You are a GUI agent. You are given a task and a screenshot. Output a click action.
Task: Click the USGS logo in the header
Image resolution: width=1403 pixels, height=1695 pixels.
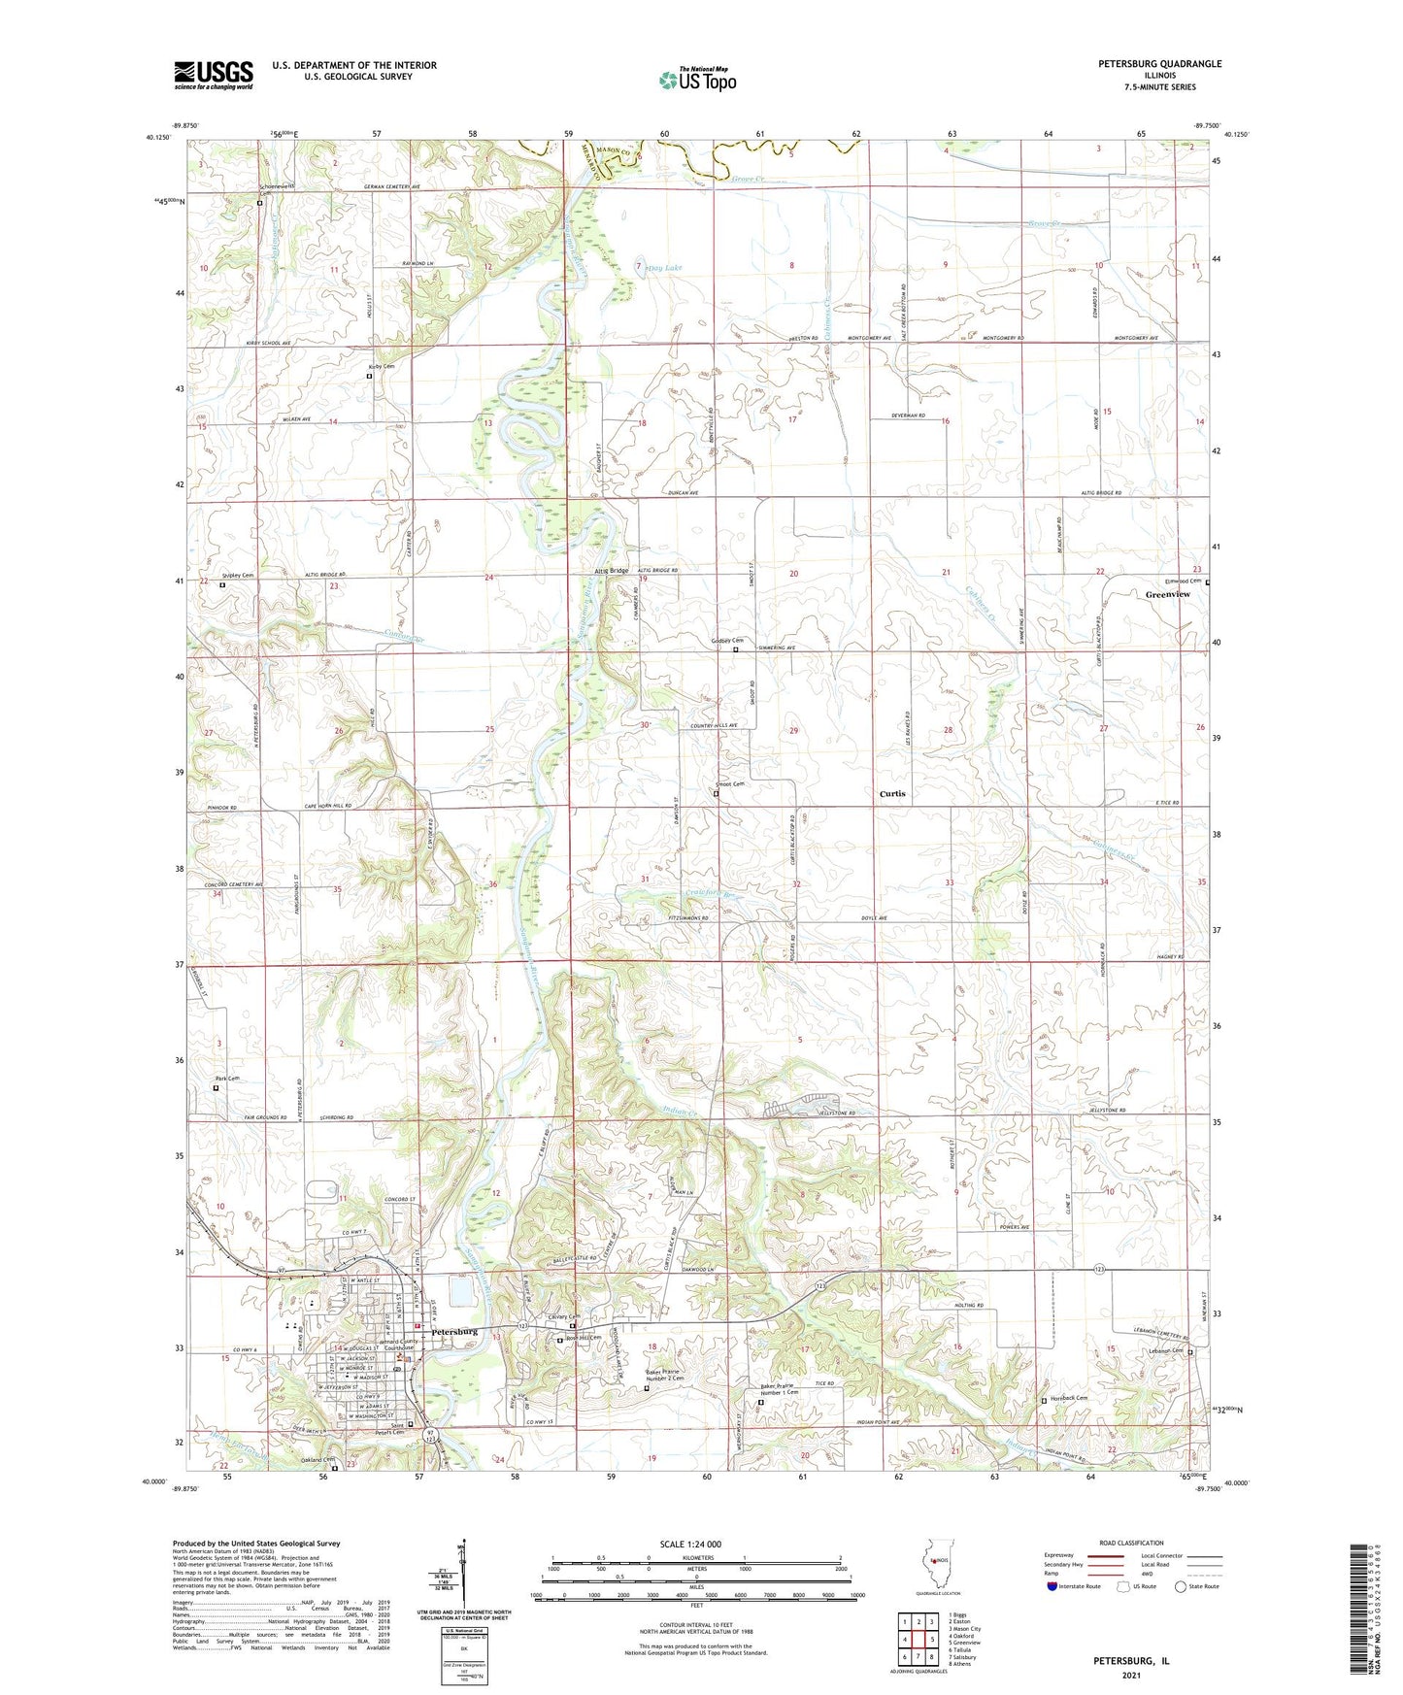point(213,75)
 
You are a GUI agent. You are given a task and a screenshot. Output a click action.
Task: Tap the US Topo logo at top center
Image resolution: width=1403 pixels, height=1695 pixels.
point(696,80)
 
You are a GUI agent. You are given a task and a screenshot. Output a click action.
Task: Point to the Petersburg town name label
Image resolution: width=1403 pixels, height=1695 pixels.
point(451,1332)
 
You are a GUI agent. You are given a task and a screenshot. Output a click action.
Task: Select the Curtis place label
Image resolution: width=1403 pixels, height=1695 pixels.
point(891,794)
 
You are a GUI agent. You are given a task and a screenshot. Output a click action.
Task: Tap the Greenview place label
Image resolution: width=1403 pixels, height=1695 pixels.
point(1167,594)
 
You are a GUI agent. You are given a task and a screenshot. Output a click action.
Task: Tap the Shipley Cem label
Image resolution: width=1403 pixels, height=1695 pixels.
point(237,576)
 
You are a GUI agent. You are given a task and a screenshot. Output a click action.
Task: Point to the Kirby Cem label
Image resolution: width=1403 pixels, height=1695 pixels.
point(381,366)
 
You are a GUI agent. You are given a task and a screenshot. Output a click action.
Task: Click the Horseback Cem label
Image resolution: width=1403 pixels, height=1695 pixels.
point(1068,1398)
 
